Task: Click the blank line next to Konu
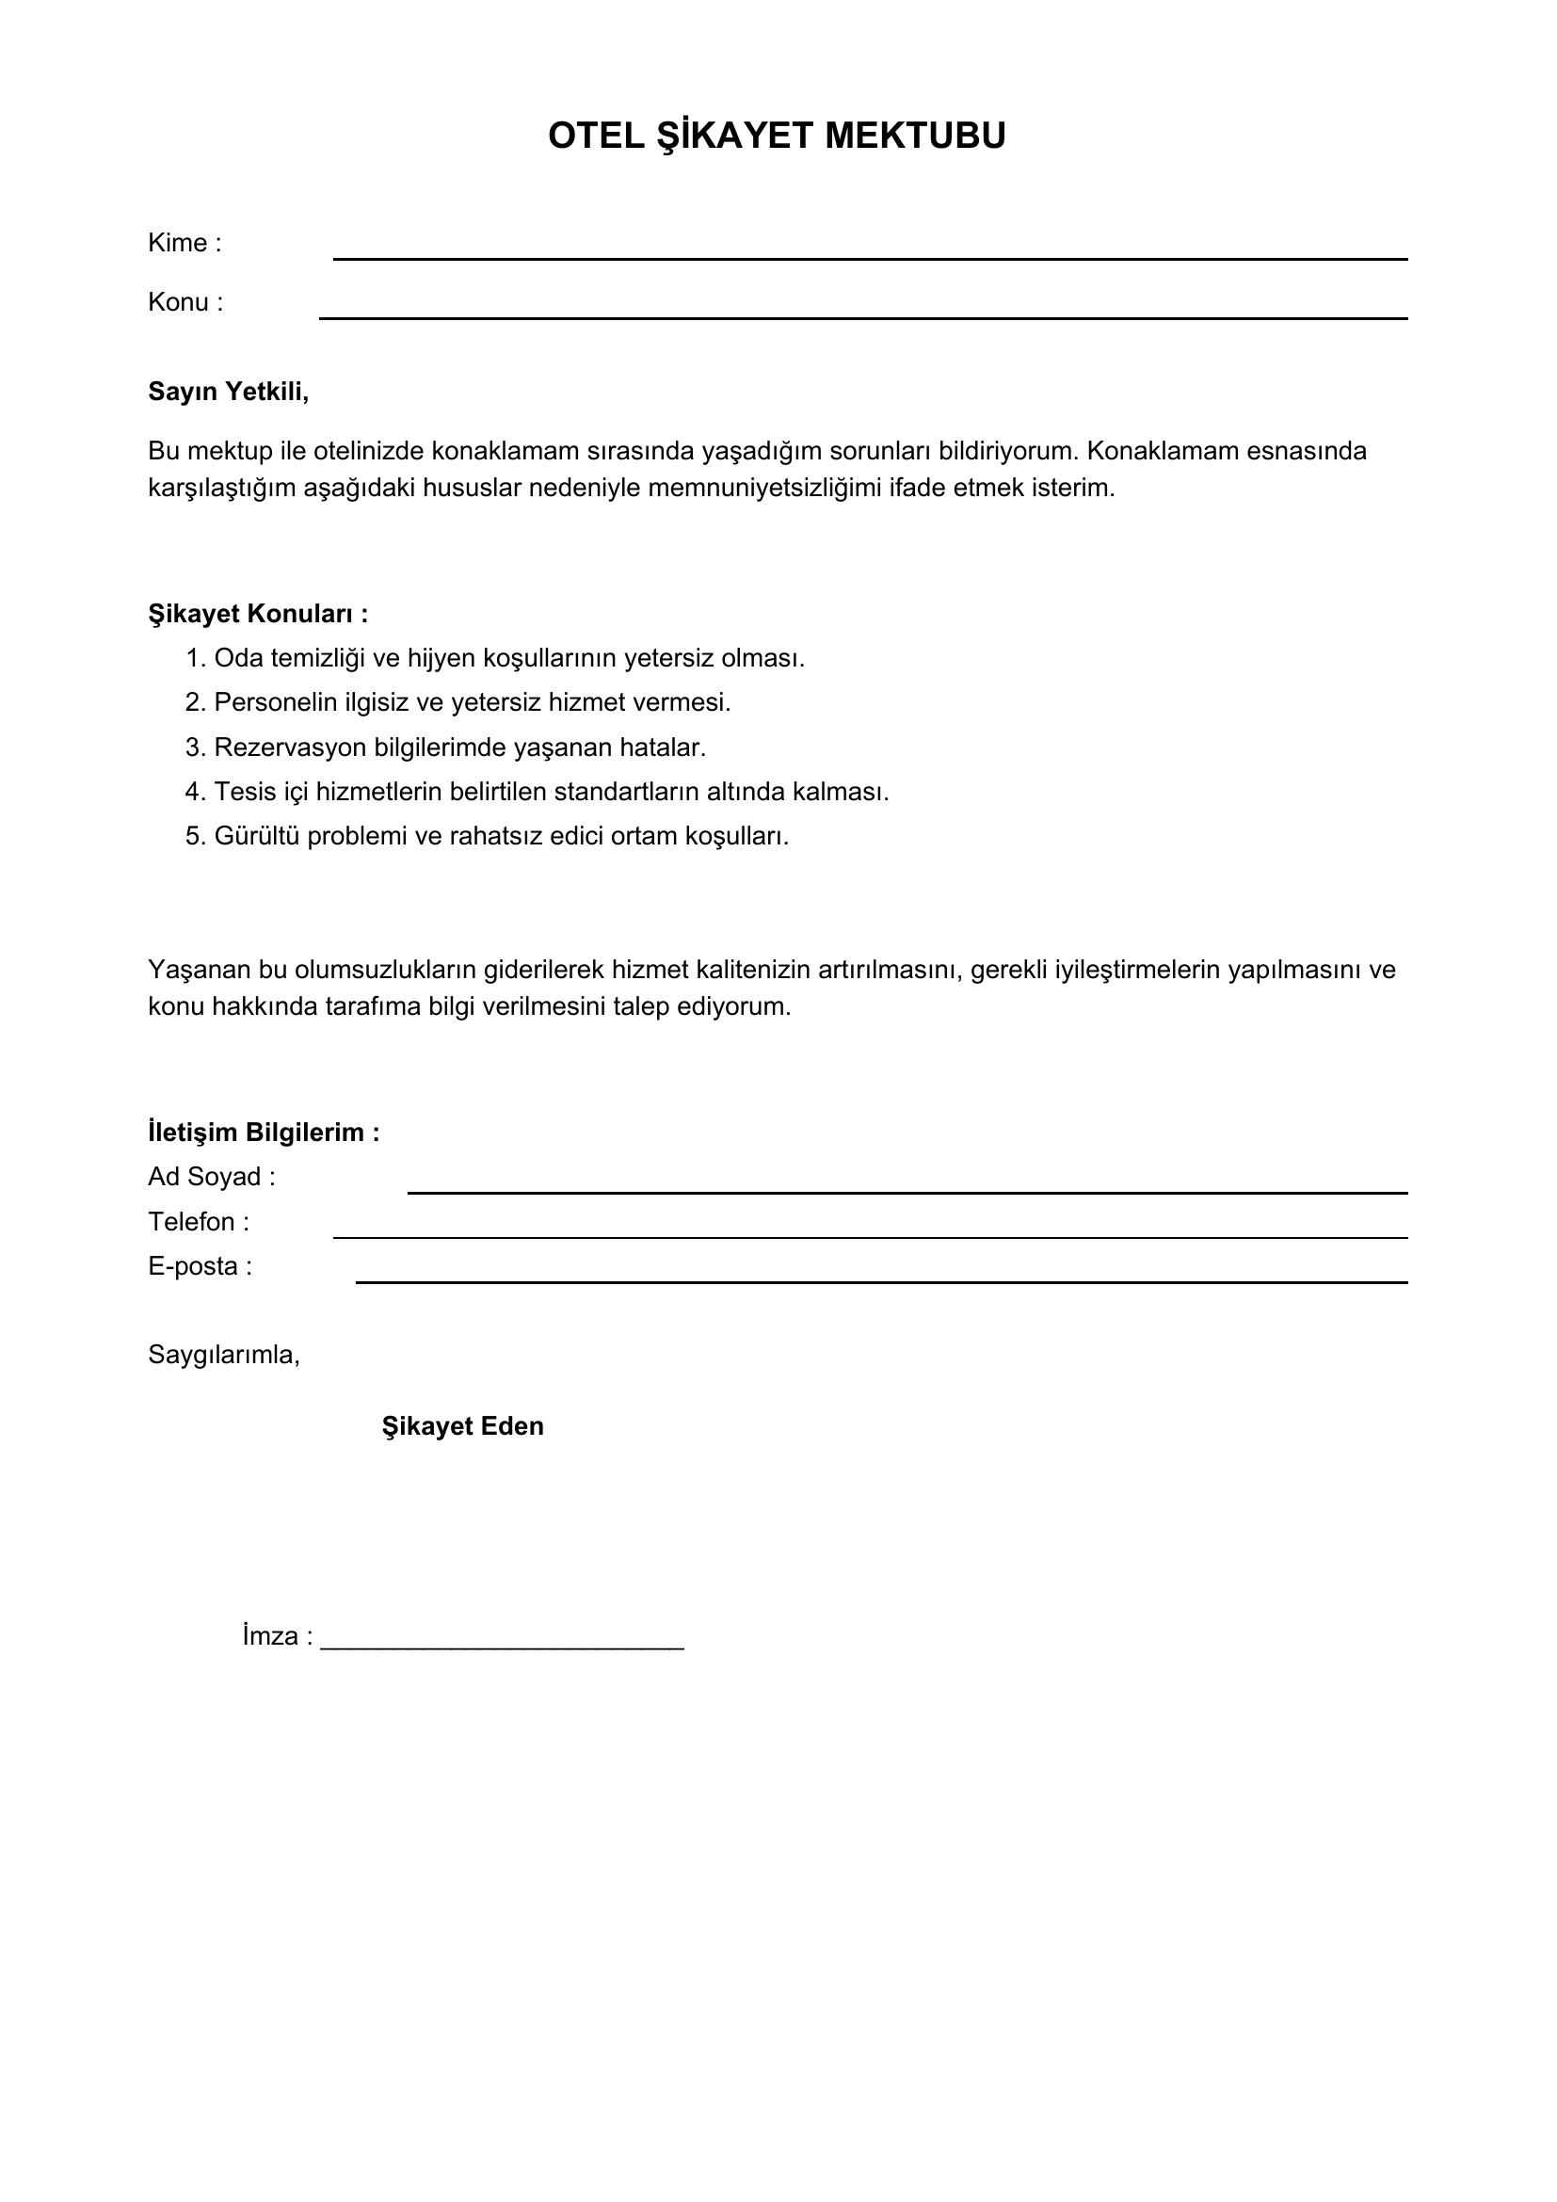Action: point(863,316)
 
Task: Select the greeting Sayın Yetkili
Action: point(228,392)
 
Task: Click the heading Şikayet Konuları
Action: point(258,614)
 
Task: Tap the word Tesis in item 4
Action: point(245,792)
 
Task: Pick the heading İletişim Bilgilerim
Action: point(264,1133)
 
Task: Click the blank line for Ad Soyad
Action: point(907,1192)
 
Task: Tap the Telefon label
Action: point(198,1222)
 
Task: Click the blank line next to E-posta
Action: point(881,1281)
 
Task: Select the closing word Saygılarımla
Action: point(223,1355)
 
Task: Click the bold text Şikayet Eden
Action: point(462,1426)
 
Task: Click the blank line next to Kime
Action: point(870,258)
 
